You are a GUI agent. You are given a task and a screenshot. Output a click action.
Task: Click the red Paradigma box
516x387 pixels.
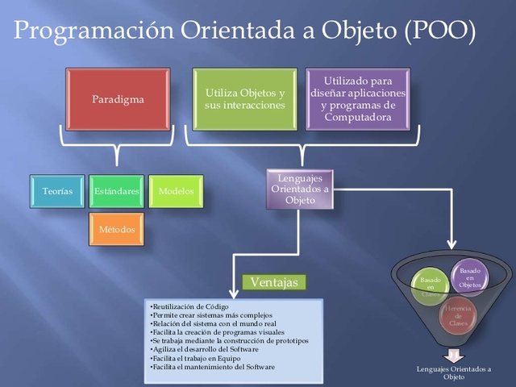click(117, 99)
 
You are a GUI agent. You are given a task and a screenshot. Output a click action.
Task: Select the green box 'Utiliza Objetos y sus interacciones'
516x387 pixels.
click(239, 99)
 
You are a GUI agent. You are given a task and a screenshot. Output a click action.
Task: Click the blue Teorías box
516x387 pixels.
click(57, 191)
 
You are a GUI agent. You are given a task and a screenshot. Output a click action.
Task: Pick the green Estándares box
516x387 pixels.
click(116, 191)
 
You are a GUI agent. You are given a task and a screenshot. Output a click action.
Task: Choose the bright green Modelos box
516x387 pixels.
click(175, 191)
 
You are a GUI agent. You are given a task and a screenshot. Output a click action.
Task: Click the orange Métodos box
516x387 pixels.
click(116, 230)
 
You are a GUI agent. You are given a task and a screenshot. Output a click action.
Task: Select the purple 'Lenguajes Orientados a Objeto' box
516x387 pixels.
click(300, 189)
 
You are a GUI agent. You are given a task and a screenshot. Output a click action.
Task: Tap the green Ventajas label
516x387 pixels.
click(274, 282)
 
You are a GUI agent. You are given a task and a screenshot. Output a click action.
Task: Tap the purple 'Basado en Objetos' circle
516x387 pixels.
click(469, 277)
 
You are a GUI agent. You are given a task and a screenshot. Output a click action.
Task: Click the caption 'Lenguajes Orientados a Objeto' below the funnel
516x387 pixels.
click(453, 372)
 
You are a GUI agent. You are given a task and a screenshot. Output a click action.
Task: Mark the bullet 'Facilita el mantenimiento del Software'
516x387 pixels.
click(212, 367)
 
